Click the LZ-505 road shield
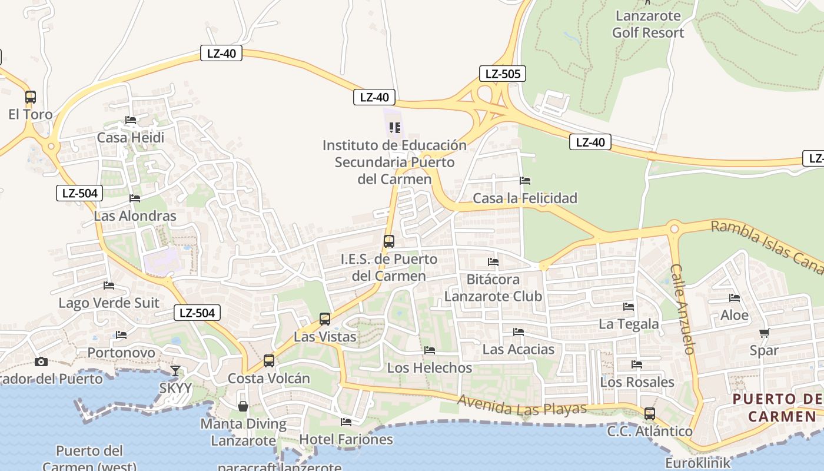click(x=501, y=74)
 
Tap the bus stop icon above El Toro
click(x=31, y=97)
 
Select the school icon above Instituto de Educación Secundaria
click(x=395, y=127)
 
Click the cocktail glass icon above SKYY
click(x=175, y=370)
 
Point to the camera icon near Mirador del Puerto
click(x=41, y=361)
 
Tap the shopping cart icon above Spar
click(x=764, y=333)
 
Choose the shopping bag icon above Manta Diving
click(x=242, y=406)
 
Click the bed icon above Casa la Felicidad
click(x=525, y=180)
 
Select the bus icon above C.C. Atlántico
click(x=650, y=413)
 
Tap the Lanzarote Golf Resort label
click(x=648, y=24)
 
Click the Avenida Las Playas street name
click(x=521, y=406)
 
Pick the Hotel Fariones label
click(x=346, y=439)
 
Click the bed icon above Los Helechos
click(x=430, y=350)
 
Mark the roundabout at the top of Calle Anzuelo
click(x=674, y=229)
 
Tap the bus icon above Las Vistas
click(x=325, y=319)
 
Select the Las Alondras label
click(x=135, y=215)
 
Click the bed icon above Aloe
click(x=735, y=298)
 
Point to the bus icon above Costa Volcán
click(x=269, y=360)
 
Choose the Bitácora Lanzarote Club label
click(x=493, y=287)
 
